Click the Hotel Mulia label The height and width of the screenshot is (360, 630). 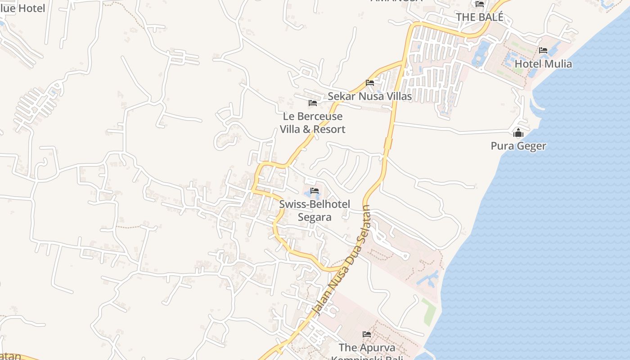tap(543, 64)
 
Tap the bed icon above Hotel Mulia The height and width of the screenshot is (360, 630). tap(543, 50)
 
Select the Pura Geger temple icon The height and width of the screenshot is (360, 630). tap(518, 133)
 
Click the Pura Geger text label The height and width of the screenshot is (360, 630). tap(518, 146)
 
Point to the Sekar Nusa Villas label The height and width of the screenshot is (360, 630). tap(369, 96)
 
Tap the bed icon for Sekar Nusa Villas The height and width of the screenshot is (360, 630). tap(370, 83)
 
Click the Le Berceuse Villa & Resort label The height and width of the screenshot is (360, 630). tap(313, 123)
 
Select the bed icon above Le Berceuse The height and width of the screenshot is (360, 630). tap(313, 103)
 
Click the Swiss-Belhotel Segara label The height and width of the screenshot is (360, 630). tap(315, 211)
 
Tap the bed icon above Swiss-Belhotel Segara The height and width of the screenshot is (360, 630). tap(315, 191)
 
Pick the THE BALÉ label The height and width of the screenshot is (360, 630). tap(479, 17)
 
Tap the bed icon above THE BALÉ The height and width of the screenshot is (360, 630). tap(480, 4)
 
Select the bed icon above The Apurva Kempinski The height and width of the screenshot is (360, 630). tap(367, 334)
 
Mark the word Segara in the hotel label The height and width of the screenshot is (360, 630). tap(315, 217)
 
